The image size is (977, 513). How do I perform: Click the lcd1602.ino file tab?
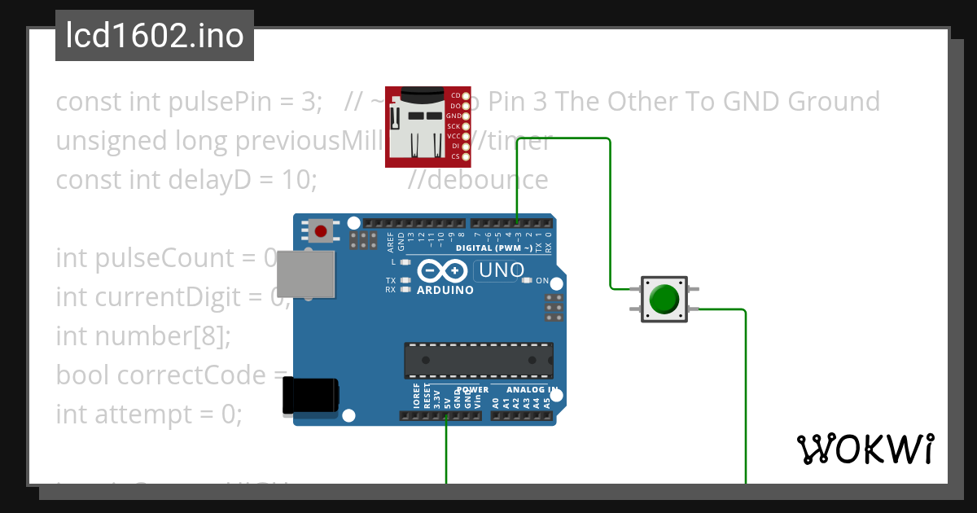154,37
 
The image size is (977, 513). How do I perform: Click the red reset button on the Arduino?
321,231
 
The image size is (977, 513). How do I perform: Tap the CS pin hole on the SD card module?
466,156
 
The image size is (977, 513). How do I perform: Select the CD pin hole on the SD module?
466,95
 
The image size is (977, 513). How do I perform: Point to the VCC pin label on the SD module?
454,136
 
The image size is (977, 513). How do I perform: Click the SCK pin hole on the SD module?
466,126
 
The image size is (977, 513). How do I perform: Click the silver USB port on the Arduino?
306,274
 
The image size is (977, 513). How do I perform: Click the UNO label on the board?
499,270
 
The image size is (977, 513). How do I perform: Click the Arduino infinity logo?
442,270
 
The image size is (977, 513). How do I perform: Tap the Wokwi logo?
865,449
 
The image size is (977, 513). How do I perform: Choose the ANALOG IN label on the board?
526,390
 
